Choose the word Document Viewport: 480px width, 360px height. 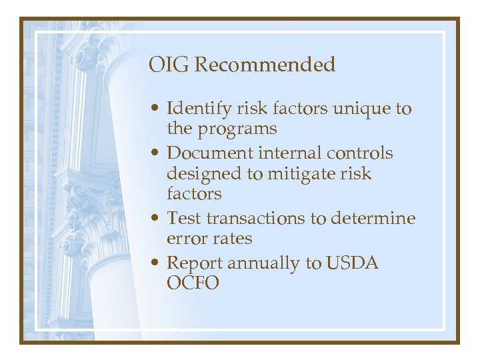pyautogui.click(x=203, y=153)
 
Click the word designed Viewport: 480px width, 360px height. pyautogui.click(x=203, y=174)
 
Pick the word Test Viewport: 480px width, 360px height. pyautogui.click(x=184, y=218)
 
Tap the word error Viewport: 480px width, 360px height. pyautogui.click(x=186, y=238)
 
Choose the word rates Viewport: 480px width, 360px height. pyautogui.click(x=231, y=238)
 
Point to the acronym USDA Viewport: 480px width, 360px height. pyautogui.click(x=351, y=263)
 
